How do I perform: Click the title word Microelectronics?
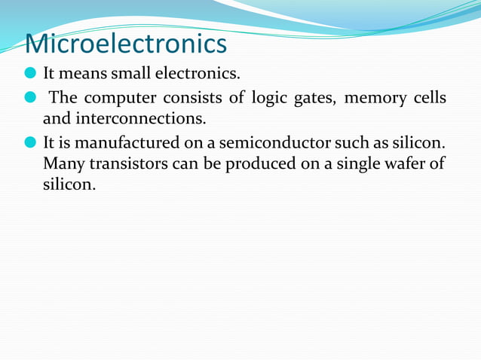[x=126, y=44]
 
